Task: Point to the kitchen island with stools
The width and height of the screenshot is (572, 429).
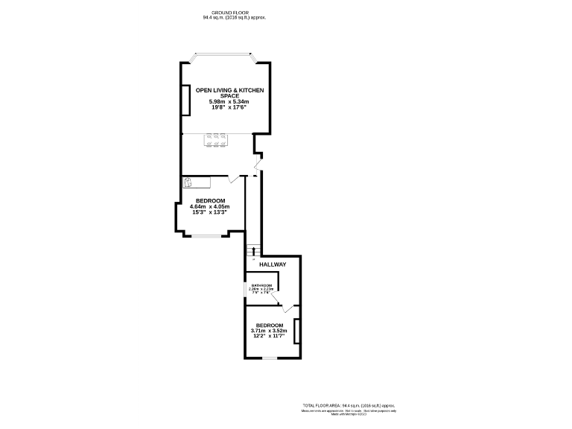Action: point(215,140)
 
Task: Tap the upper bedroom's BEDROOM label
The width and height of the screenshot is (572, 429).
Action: point(211,200)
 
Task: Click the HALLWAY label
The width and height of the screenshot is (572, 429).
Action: point(273,264)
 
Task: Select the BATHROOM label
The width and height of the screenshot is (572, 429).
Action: point(261,286)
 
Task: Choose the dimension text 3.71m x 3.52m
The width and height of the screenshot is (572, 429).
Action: point(270,331)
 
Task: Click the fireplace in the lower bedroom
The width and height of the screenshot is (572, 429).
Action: point(296,331)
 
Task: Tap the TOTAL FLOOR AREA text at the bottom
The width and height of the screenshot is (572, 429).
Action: point(349,403)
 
